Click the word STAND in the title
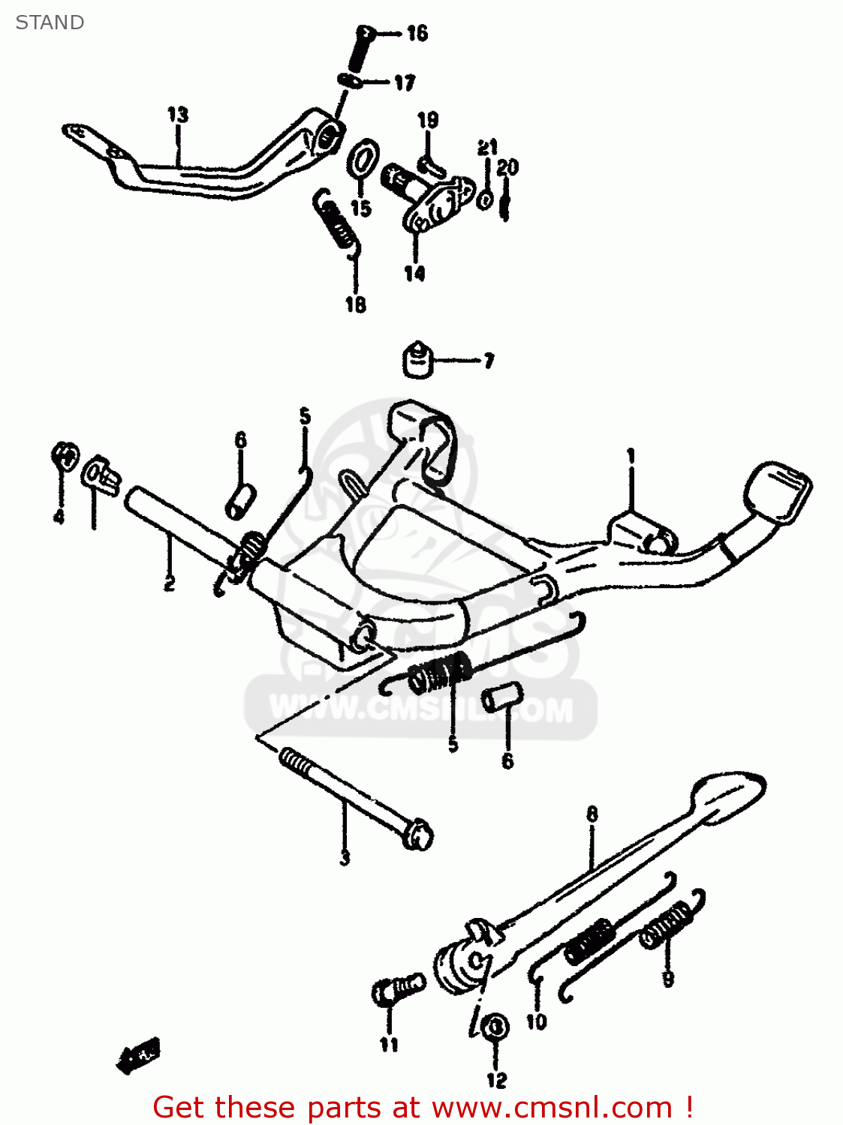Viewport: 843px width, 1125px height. (50, 22)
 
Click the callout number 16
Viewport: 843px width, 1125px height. (417, 33)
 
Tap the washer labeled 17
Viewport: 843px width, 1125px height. (351, 80)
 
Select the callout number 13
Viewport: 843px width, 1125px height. (177, 115)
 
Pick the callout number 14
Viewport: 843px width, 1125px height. (414, 274)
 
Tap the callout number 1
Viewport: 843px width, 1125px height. (631, 456)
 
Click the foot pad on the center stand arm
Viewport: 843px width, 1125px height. (778, 490)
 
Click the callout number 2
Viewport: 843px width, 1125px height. (170, 583)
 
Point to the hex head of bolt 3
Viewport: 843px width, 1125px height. (417, 835)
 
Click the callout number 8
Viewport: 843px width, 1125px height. (592, 814)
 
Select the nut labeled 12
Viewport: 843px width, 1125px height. (495, 1026)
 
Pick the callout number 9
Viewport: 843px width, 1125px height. (667, 978)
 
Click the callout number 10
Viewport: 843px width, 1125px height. (536, 1021)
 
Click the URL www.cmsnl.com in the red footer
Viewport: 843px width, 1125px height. (552, 1108)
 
